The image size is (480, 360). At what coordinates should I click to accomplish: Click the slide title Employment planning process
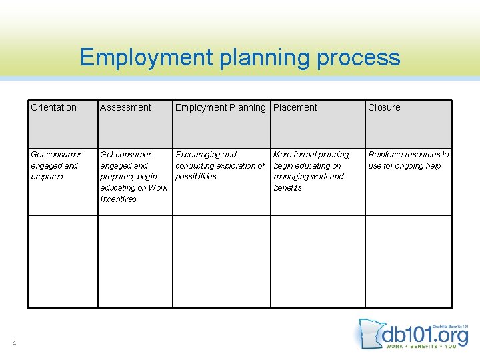tap(240, 57)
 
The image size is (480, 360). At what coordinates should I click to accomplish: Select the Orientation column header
tap(54, 107)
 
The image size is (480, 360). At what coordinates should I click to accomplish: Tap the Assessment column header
tap(126, 107)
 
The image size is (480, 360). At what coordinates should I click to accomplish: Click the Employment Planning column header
tap(220, 107)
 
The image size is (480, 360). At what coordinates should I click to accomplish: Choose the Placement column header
tap(295, 107)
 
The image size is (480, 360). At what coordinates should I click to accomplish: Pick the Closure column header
tap(384, 107)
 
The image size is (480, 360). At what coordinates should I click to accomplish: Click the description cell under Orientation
tap(56, 165)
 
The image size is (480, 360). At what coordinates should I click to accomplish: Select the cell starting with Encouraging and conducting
tap(220, 165)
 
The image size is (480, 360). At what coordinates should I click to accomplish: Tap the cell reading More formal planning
tap(311, 171)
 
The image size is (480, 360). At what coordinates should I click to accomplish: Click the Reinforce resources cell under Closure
tap(408, 160)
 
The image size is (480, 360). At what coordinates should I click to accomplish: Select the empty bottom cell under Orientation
tap(63, 261)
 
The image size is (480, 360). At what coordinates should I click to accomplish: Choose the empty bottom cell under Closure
tap(408, 261)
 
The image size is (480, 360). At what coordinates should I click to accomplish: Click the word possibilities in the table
tap(196, 177)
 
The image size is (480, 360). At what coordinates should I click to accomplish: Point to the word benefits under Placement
tap(288, 188)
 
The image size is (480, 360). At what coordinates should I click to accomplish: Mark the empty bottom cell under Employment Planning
tap(221, 261)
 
